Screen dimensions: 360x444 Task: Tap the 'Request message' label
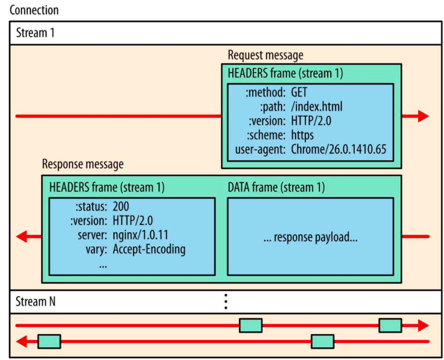(x=265, y=55)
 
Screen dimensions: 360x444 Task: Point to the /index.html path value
(x=317, y=106)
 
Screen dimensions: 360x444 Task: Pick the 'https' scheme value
(x=302, y=135)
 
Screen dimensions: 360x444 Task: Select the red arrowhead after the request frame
(x=423, y=116)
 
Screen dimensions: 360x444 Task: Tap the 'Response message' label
(x=83, y=164)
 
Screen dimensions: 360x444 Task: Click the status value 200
(x=121, y=206)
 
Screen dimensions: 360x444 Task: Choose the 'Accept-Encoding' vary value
(x=149, y=249)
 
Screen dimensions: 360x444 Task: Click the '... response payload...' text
(x=310, y=237)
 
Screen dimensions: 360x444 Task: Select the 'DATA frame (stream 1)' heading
(x=276, y=188)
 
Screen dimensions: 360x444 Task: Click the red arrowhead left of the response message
(x=22, y=237)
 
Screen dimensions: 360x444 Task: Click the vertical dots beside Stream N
(x=225, y=301)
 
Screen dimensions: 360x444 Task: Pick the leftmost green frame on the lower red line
(x=49, y=341)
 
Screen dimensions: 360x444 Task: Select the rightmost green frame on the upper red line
(x=390, y=325)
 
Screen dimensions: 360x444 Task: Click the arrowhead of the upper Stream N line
(x=423, y=326)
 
